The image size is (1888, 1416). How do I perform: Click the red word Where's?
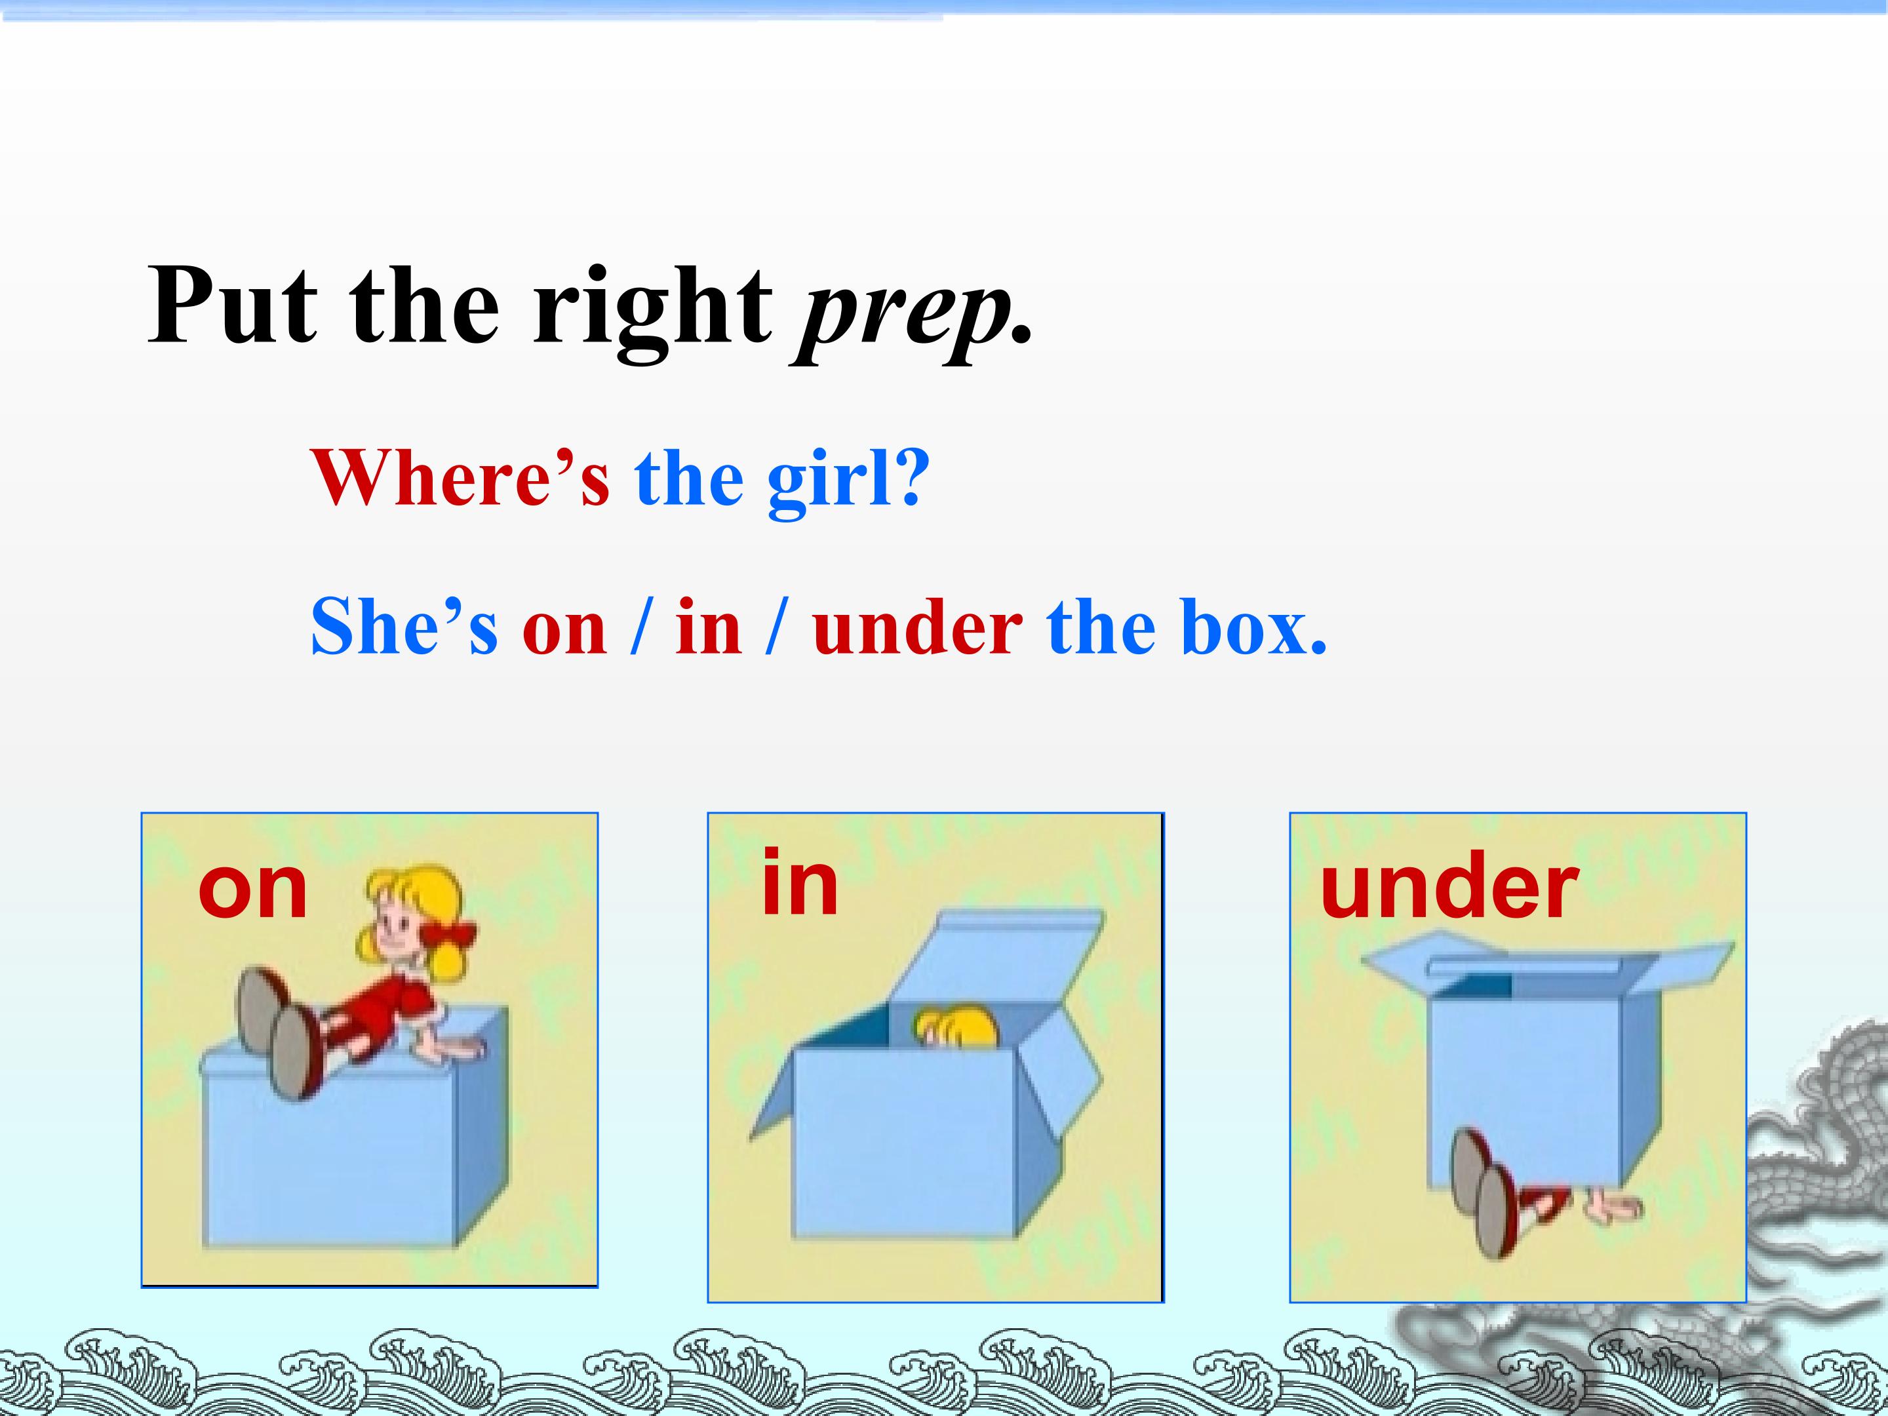click(x=461, y=478)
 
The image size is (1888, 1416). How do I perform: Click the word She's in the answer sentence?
click(x=404, y=627)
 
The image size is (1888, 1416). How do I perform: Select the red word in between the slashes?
click(x=707, y=627)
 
